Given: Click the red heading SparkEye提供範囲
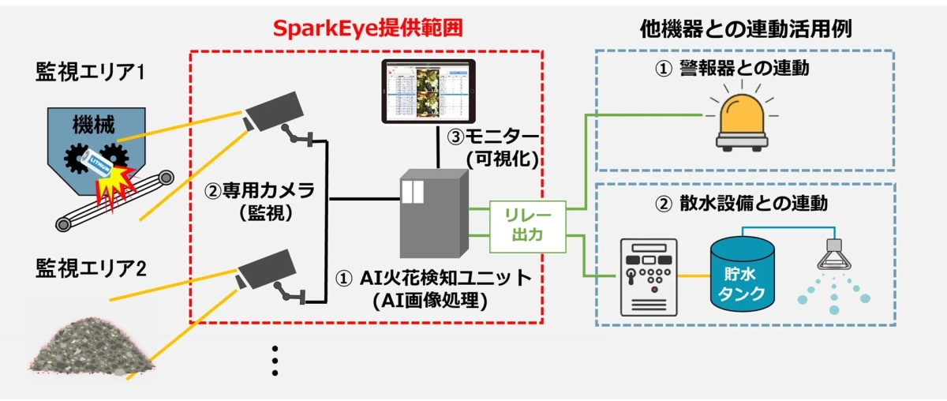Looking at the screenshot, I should (x=366, y=28).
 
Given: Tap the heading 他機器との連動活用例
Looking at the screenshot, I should (x=749, y=28).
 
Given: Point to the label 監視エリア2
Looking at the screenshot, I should (x=92, y=268).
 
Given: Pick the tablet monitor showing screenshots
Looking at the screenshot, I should (x=431, y=91).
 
